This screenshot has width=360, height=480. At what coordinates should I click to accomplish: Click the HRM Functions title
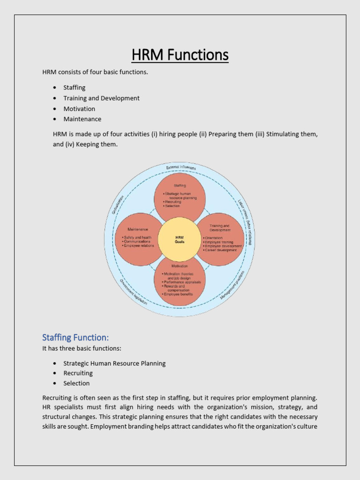180,55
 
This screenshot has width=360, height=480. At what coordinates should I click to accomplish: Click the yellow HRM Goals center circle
180,240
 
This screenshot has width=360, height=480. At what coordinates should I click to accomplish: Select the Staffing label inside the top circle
180,186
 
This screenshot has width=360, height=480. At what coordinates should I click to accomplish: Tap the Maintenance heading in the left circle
138,229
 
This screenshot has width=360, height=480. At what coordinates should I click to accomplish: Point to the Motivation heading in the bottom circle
180,266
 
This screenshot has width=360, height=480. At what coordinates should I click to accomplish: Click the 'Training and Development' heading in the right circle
220,228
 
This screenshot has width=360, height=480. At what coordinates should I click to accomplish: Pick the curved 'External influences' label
181,167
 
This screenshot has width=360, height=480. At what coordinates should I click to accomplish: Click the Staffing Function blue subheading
75,337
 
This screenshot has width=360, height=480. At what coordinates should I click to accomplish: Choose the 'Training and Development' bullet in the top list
101,98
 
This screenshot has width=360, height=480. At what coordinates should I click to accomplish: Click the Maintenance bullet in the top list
82,119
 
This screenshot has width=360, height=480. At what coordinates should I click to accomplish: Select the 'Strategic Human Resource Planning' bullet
114,363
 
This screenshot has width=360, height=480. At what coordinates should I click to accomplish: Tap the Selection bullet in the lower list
76,383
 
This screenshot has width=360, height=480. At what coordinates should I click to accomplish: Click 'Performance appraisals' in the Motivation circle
182,282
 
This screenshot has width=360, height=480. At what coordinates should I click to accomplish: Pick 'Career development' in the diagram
221,250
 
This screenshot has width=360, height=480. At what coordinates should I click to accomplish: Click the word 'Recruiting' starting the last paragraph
58,398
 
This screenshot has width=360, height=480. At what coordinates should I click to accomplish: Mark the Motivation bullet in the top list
79,109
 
